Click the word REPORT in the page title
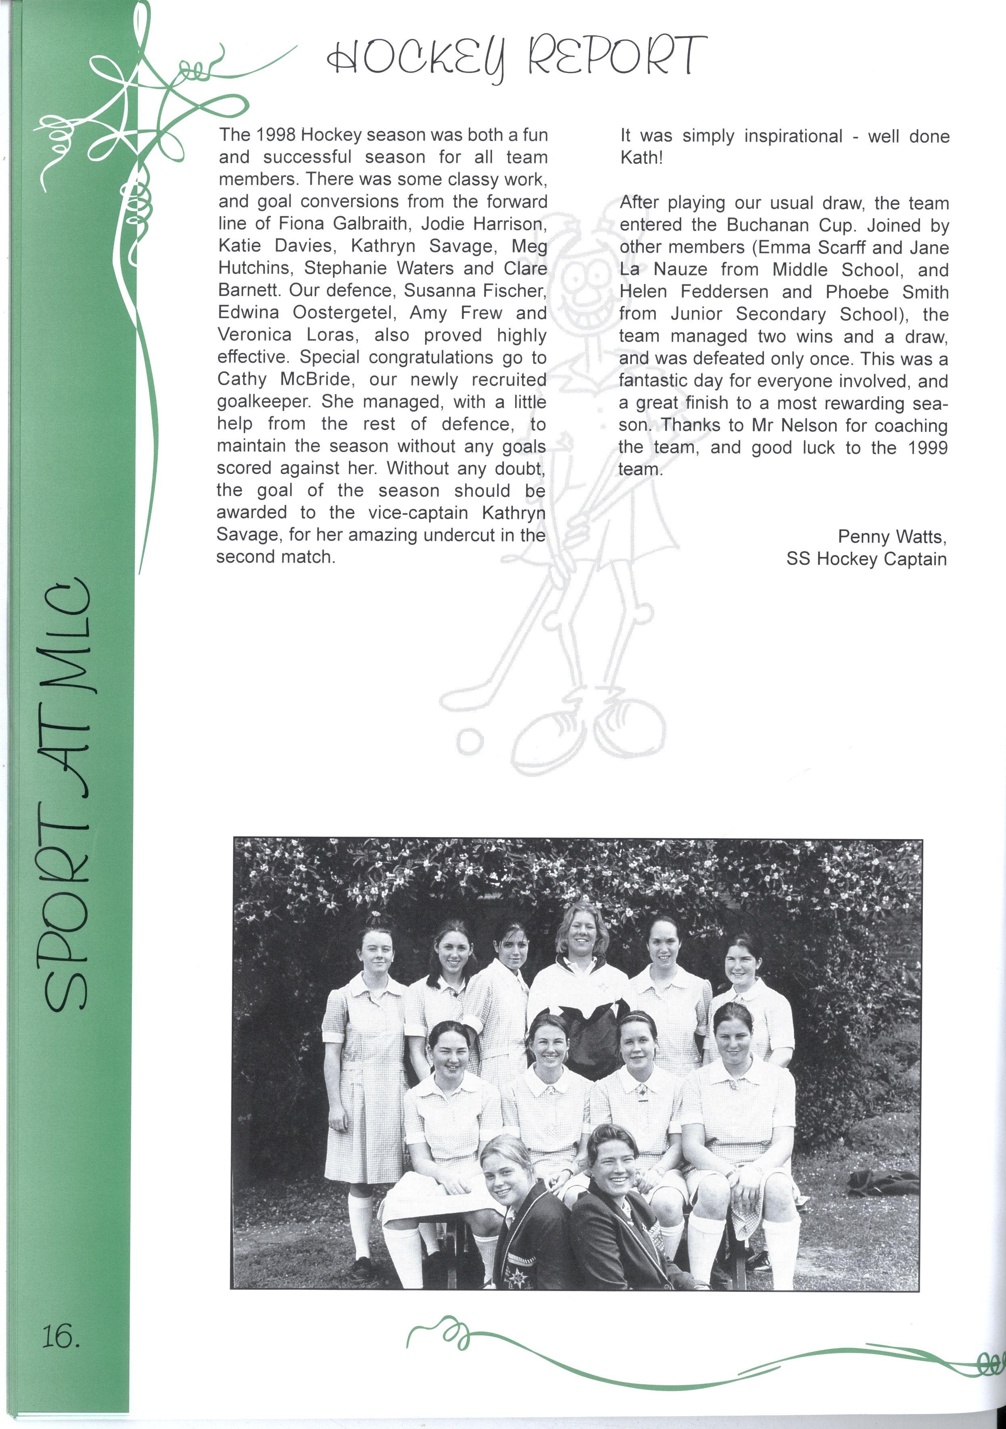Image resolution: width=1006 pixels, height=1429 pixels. (x=617, y=56)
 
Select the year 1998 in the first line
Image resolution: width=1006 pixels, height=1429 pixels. (x=277, y=135)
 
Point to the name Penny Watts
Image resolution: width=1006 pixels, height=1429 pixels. (x=891, y=537)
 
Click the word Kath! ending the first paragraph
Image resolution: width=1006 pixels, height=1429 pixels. (x=641, y=158)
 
